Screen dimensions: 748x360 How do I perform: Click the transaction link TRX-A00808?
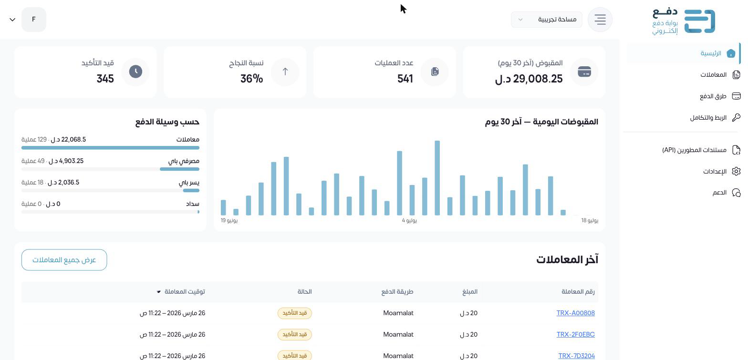[575, 313]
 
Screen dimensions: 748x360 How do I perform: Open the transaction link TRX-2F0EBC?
[575, 334]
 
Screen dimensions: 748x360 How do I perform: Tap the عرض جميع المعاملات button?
[64, 260]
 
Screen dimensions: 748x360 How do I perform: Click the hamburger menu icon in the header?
[600, 20]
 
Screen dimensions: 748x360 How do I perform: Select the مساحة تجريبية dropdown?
[547, 20]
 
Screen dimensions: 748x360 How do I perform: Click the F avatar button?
[34, 20]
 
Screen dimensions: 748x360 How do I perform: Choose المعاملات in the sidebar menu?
[720, 75]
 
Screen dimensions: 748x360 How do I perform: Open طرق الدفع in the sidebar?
[720, 96]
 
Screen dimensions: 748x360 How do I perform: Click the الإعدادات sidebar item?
[722, 172]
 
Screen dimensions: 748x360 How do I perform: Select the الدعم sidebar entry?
[726, 193]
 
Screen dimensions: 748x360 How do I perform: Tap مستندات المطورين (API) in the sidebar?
[701, 150]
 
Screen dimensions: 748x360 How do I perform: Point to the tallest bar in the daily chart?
[437, 178]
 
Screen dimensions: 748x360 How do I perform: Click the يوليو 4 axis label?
[409, 221]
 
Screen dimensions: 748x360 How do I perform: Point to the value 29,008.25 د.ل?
[529, 79]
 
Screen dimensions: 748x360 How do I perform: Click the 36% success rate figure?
[252, 79]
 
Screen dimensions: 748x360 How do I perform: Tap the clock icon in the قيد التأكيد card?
[135, 72]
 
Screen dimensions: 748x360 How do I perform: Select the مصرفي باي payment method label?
[184, 161]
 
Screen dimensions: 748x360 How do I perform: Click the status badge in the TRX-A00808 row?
[294, 313]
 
